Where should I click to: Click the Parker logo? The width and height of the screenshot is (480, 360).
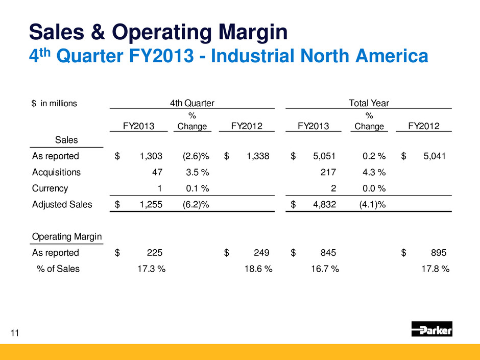coord(432,329)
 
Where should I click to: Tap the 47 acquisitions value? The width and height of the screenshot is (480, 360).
coord(157,173)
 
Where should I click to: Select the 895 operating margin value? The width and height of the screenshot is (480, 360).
coord(438,252)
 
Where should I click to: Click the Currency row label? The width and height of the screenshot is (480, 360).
coord(50,188)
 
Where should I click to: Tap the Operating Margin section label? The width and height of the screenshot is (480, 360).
coord(66,236)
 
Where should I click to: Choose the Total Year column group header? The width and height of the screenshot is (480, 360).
coord(369,104)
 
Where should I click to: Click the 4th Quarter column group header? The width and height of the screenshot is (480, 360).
coord(192,104)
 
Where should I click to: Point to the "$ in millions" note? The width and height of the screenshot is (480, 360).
coord(54,104)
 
